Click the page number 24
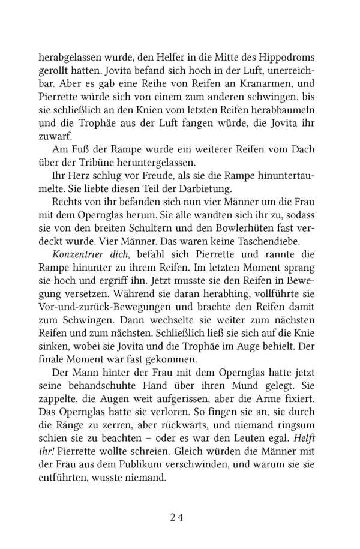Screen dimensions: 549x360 coord(179,517)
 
